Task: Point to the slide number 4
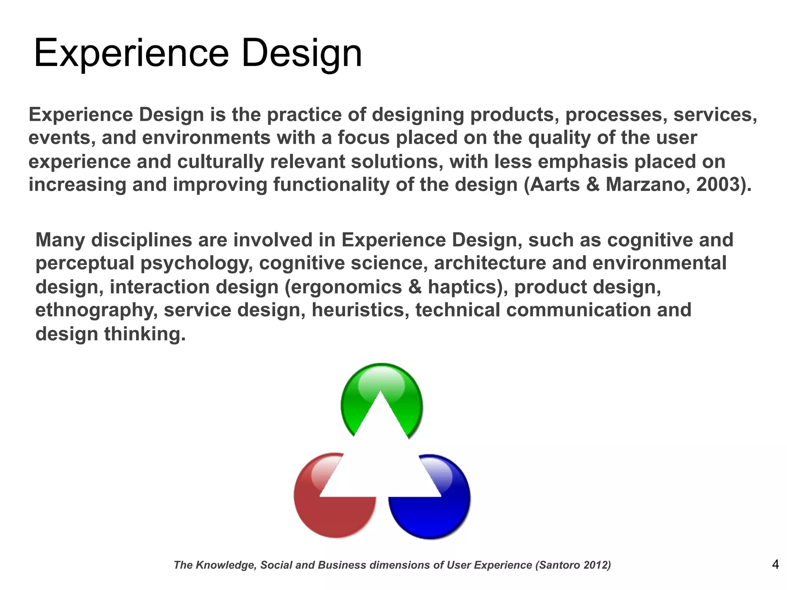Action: (775, 564)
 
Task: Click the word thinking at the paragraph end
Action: (145, 334)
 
